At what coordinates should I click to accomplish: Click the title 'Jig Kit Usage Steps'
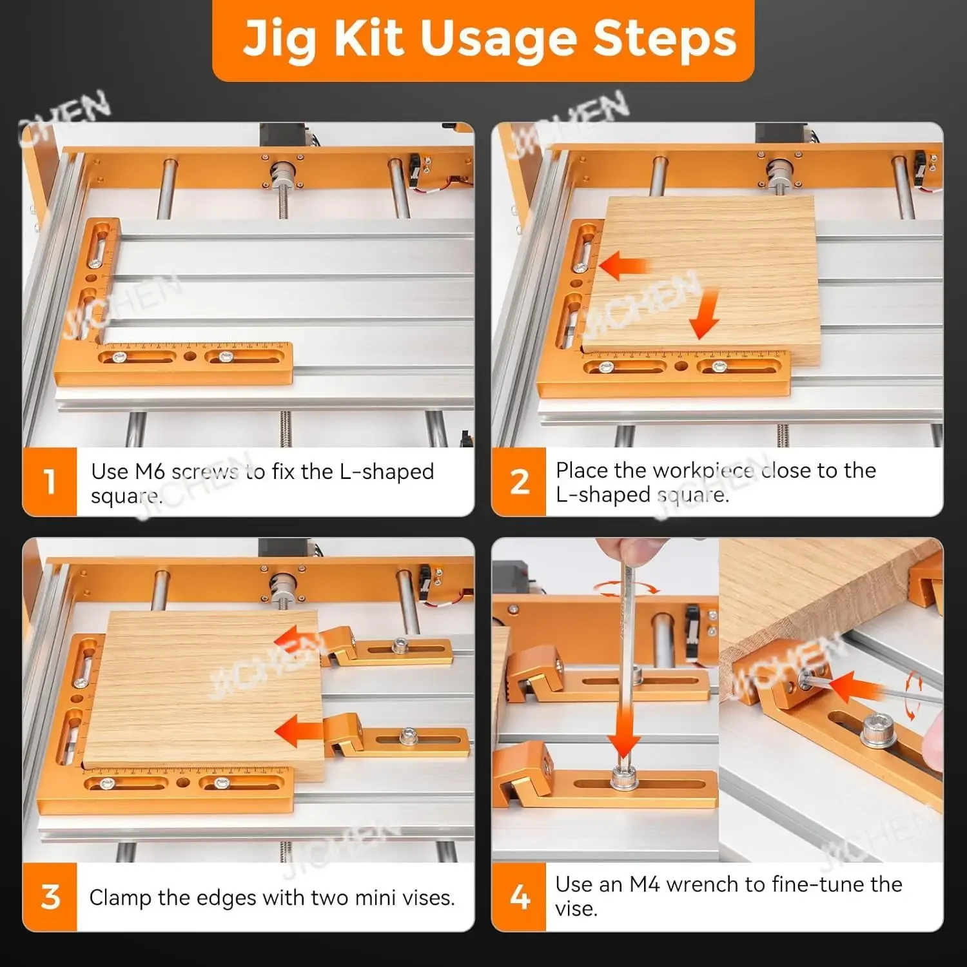point(489,39)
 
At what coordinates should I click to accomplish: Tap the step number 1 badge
point(50,482)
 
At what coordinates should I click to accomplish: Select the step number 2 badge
point(519,482)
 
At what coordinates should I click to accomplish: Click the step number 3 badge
point(50,897)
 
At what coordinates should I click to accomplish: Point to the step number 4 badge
point(519,897)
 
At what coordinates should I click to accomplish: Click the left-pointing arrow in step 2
point(623,265)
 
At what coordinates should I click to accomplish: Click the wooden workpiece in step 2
point(703,280)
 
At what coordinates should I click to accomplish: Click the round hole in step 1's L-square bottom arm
point(190,357)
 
